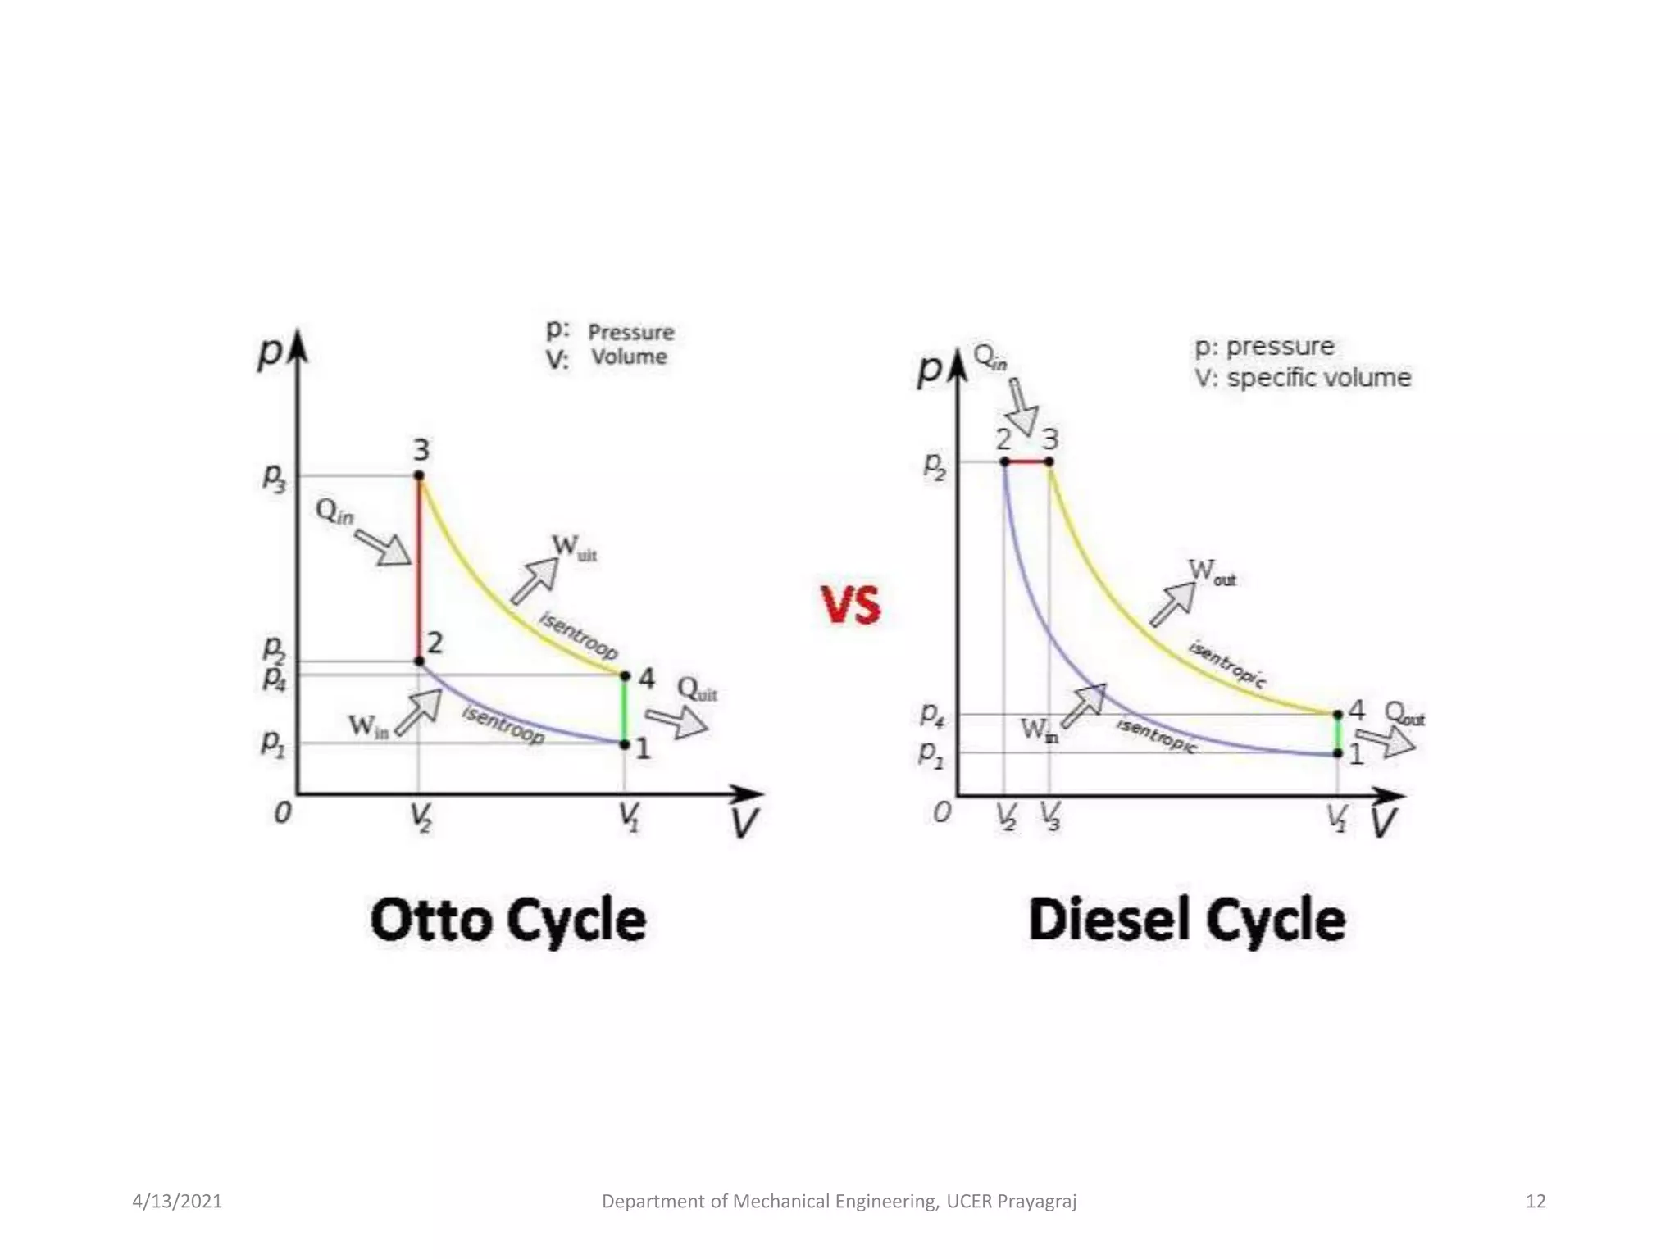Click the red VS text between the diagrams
[x=851, y=605]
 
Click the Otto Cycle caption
[x=508, y=920]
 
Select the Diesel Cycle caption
[x=1186, y=920]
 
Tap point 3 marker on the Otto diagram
[x=419, y=475]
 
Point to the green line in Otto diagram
[x=624, y=710]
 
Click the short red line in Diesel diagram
[x=1027, y=462]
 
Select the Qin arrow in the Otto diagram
[x=384, y=548]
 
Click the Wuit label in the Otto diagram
[x=573, y=547]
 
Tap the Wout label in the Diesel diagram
[x=1211, y=571]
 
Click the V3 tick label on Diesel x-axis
[x=1050, y=816]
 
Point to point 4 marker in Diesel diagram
[x=1338, y=715]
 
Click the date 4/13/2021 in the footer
[x=177, y=1201]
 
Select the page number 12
[x=1535, y=1201]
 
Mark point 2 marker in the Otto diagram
[x=419, y=661]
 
